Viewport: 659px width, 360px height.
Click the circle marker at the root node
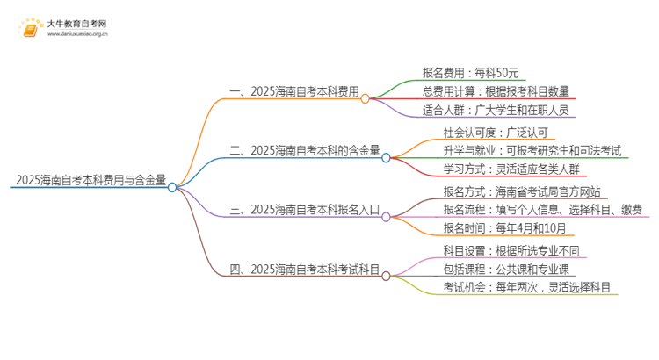click(x=172, y=187)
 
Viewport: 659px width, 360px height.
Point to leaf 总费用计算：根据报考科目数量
click(x=496, y=91)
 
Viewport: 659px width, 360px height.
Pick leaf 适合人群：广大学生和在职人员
click(x=497, y=111)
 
